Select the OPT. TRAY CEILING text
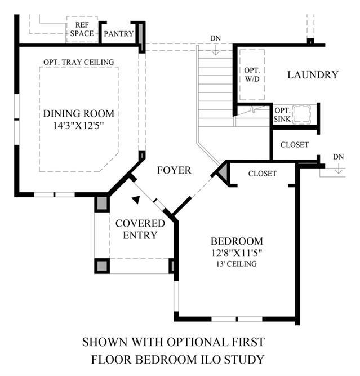click(x=79, y=61)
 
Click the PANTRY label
click(x=119, y=34)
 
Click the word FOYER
click(x=174, y=170)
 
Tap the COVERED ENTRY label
click(x=140, y=229)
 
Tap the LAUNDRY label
click(x=313, y=74)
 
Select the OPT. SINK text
click(x=282, y=114)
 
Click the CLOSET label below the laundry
click(x=294, y=145)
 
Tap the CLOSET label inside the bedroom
click(x=262, y=174)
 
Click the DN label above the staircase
click(x=215, y=38)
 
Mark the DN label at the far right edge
click(x=338, y=157)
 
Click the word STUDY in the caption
click(x=245, y=358)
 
